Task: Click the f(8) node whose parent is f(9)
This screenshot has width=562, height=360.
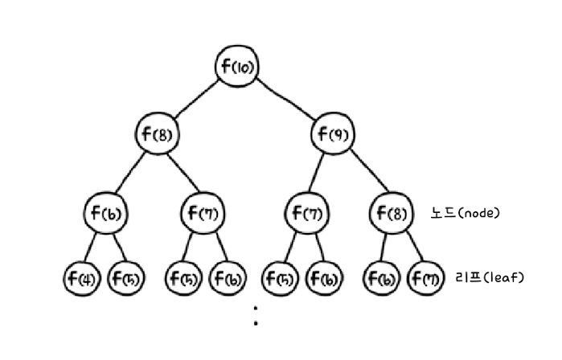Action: (x=392, y=214)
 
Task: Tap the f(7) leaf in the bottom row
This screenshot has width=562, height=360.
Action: (x=426, y=279)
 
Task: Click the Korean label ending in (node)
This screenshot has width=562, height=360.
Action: (x=466, y=214)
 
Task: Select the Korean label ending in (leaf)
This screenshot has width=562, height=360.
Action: (x=490, y=278)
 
